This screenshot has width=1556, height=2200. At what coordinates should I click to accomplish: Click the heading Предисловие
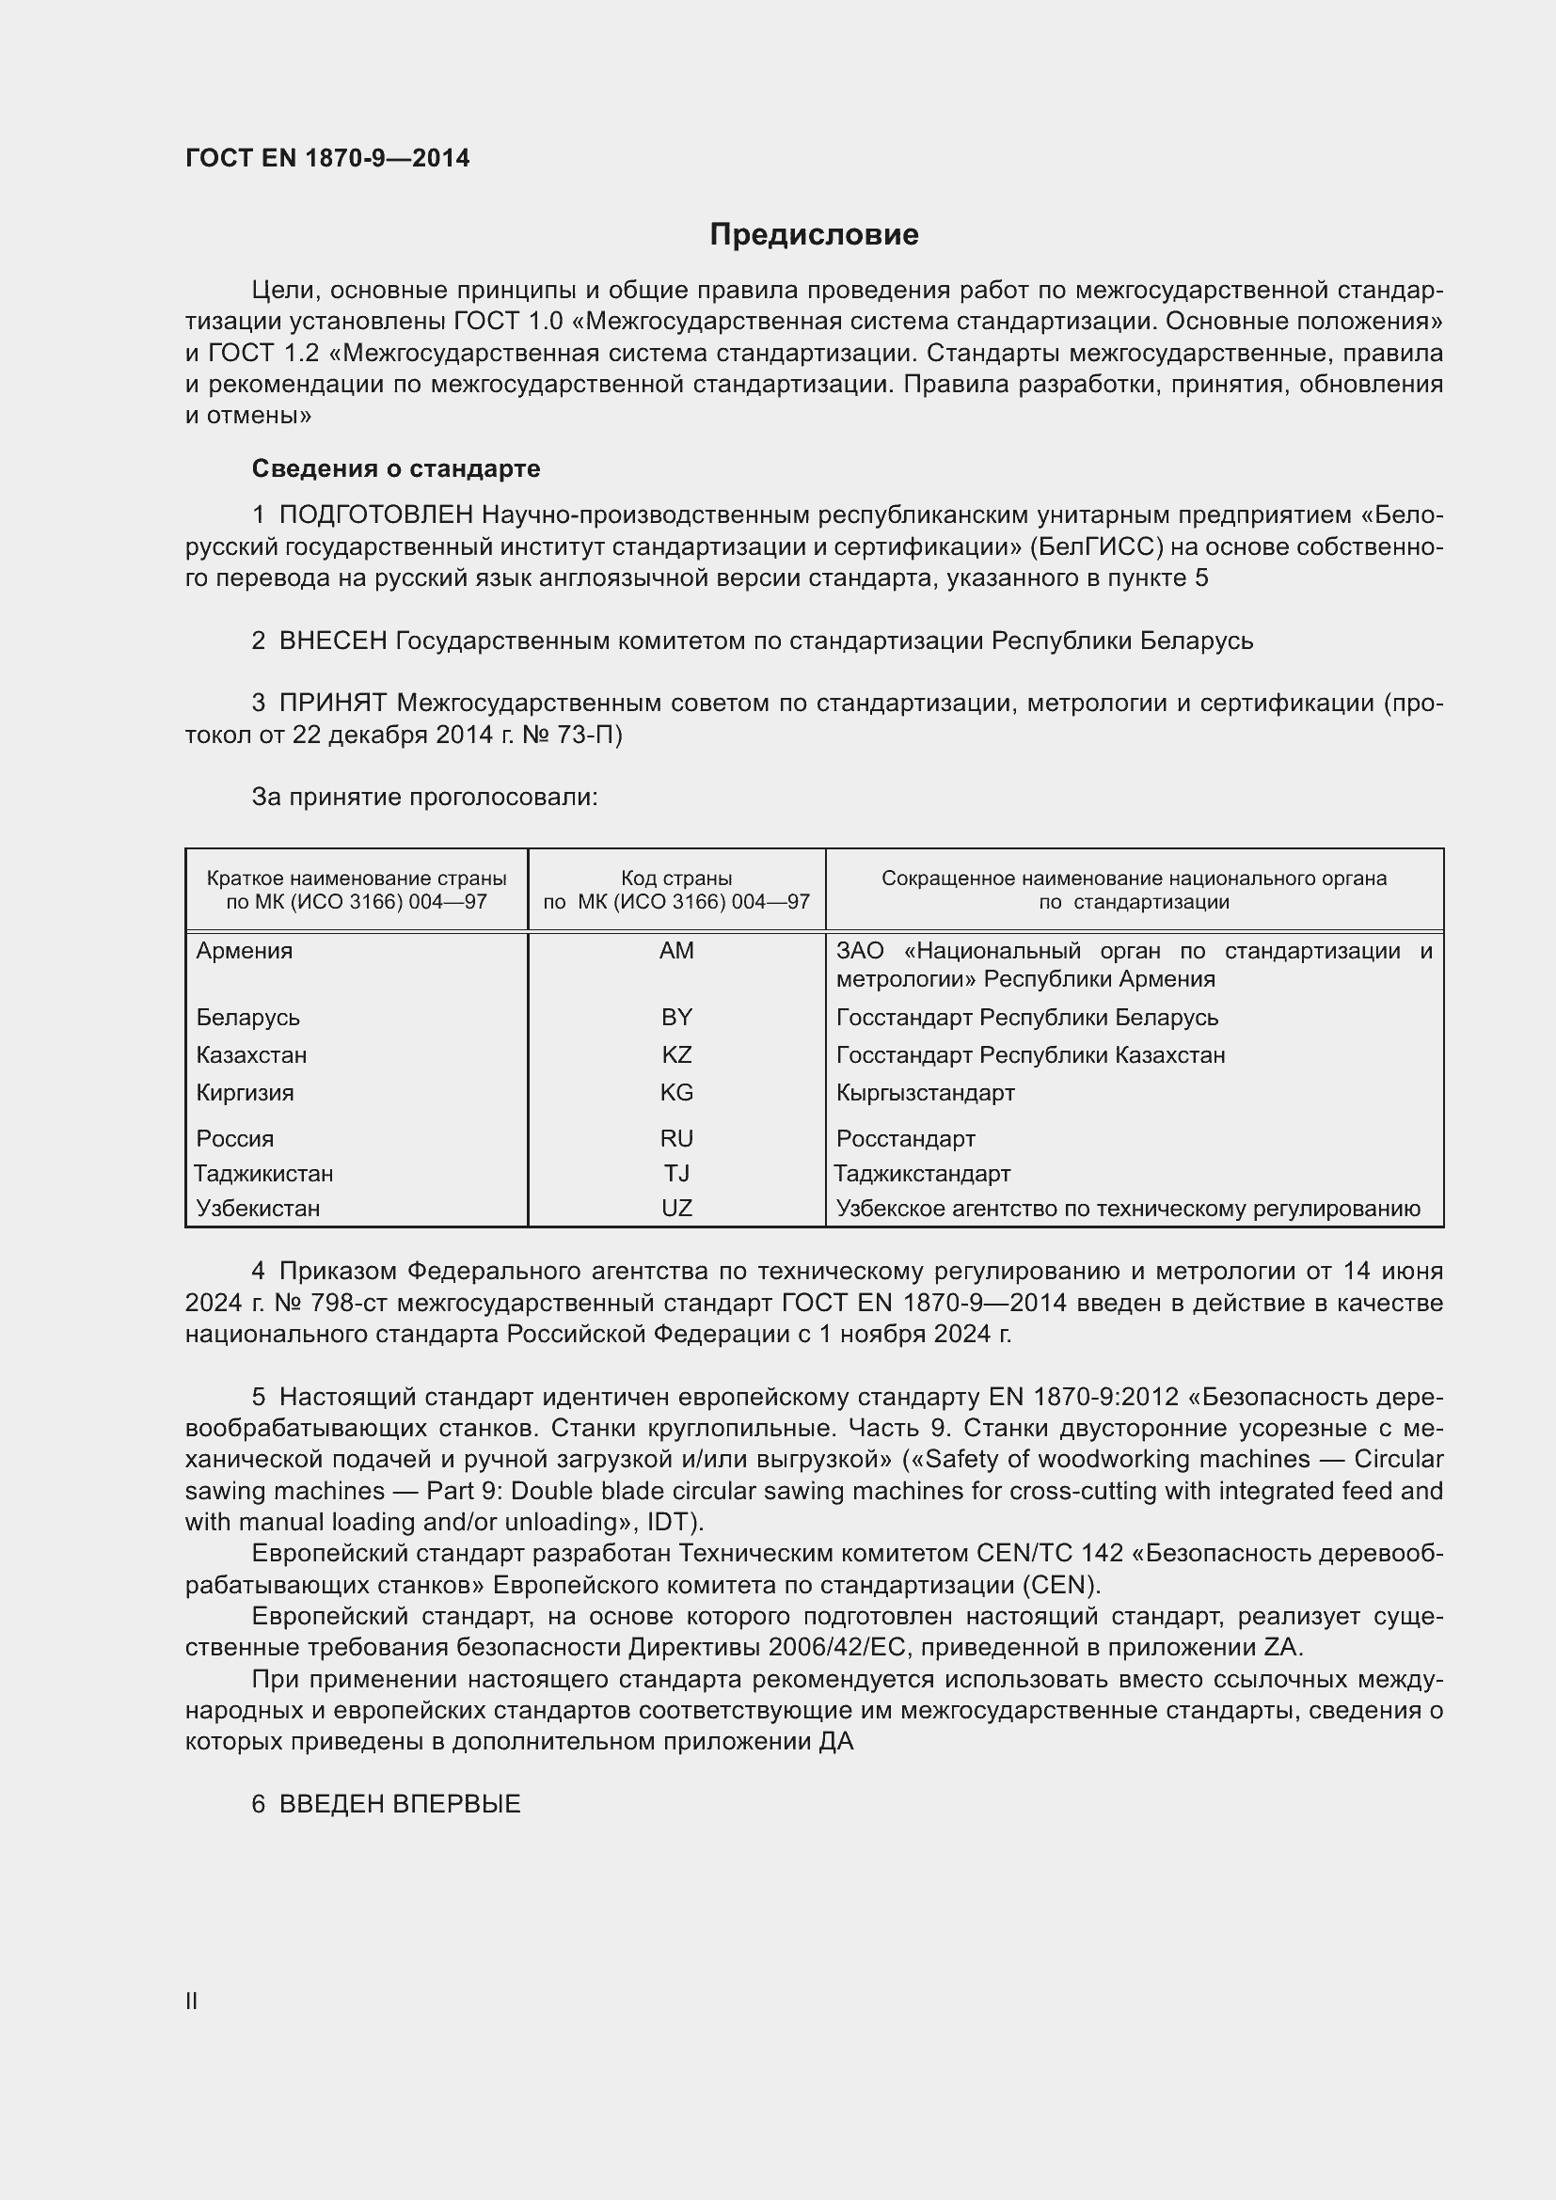pos(814,235)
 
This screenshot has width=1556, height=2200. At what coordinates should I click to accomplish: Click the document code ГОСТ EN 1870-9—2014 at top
pos(327,158)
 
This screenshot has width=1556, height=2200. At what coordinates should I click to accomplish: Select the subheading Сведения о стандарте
pos(396,468)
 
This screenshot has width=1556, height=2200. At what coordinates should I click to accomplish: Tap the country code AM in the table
pos(676,951)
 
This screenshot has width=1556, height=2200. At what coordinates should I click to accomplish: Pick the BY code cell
pos(676,1017)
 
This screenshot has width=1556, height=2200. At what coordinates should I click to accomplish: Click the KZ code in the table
pos(676,1055)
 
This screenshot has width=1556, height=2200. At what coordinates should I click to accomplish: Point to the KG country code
pos(676,1092)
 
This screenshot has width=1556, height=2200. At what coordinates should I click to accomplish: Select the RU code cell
pos(676,1138)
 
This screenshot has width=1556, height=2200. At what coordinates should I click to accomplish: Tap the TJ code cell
pos(676,1173)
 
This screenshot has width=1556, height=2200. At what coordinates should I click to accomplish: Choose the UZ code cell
pos(676,1209)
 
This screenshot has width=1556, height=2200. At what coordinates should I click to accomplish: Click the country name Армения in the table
pos(245,951)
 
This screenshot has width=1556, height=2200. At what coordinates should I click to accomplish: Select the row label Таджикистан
pos(263,1173)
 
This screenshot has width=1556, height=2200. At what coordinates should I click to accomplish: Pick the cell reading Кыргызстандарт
pos(925,1092)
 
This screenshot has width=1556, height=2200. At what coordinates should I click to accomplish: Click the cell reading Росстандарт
pos(905,1138)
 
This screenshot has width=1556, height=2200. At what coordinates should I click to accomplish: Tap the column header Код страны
pos(676,878)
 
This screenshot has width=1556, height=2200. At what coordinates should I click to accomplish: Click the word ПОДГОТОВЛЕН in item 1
pos(375,515)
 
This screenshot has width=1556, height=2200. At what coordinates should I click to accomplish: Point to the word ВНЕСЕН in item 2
pos(332,641)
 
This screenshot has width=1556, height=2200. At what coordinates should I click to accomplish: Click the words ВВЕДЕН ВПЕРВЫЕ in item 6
pos(400,1803)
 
